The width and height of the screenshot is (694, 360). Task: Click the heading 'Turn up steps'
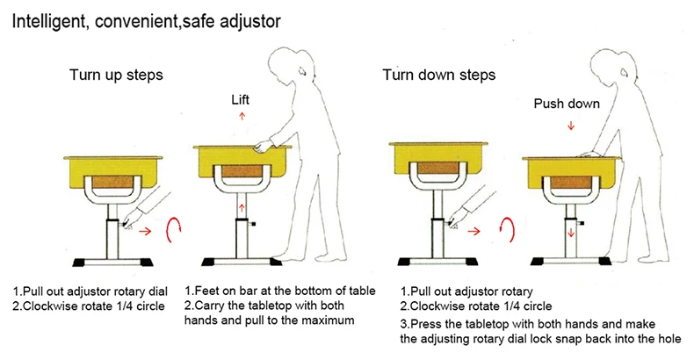(116, 75)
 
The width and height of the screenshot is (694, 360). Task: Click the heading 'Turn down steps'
(439, 75)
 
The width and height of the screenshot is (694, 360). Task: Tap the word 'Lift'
(241, 99)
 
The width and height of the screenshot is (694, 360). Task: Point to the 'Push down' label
(567, 104)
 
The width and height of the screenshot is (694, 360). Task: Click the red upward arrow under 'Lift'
(242, 116)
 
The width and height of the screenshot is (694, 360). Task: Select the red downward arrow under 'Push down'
(571, 126)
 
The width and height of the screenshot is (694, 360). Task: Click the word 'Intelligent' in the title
(48, 21)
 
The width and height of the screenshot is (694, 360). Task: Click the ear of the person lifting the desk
(302, 70)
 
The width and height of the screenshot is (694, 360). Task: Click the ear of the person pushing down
(625, 72)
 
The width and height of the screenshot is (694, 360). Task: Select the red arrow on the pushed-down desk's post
(571, 232)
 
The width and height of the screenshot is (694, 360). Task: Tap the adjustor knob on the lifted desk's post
(252, 223)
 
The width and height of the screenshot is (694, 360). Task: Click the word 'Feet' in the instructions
(206, 291)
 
